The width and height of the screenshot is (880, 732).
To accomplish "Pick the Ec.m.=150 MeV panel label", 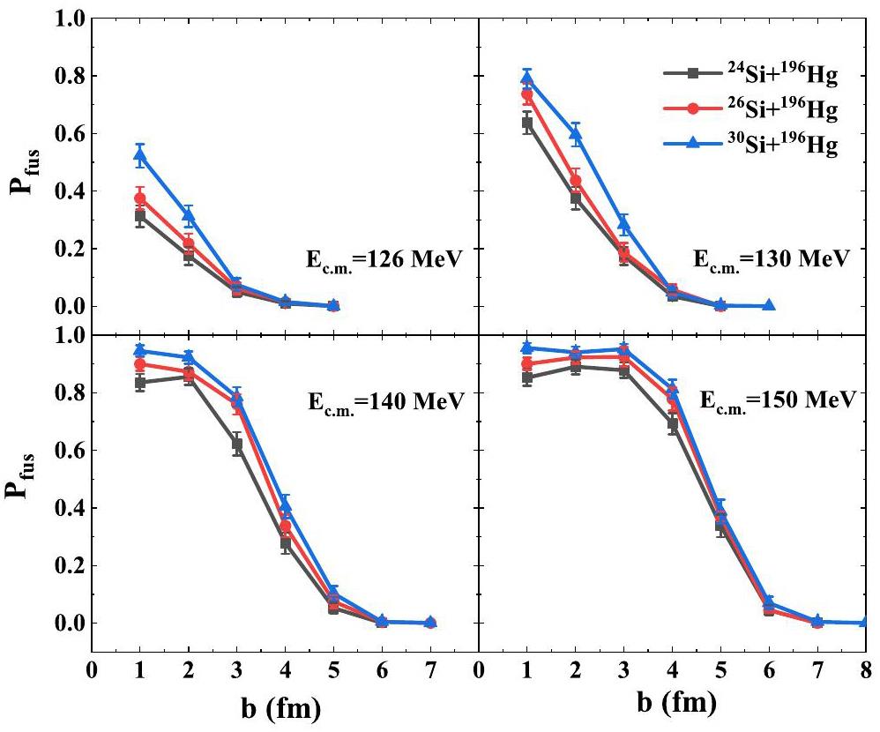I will (776, 401).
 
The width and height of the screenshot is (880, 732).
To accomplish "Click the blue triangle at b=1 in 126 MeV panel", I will (139, 156).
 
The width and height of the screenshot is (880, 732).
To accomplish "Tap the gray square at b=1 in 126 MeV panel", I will (139, 216).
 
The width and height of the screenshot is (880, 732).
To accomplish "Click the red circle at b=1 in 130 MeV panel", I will (526, 94).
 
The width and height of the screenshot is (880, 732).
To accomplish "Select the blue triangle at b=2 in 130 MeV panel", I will (575, 135).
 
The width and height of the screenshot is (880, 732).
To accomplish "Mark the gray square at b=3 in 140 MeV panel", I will (237, 444).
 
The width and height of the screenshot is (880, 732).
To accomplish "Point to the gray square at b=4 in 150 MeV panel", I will (672, 424).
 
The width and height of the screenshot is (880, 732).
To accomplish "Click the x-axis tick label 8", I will (865, 669).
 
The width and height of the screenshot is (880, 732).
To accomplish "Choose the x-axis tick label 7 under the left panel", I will (431, 669).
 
